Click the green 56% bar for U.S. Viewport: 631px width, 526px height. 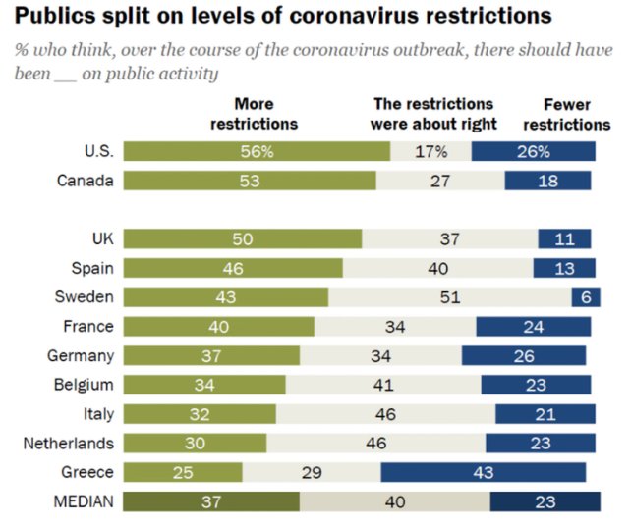(257, 151)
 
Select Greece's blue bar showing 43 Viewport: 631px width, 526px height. (484, 472)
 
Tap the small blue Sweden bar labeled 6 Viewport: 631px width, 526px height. (586, 297)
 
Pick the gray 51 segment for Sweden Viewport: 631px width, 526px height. (450, 297)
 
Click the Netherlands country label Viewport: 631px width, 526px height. (69, 444)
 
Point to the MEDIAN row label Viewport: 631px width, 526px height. (84, 501)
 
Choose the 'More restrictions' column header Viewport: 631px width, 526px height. (255, 114)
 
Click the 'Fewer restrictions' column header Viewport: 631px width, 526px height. (567, 115)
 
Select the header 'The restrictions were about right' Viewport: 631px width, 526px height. (433, 114)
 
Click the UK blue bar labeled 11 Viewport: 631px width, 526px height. (564, 238)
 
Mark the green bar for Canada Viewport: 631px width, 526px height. (250, 181)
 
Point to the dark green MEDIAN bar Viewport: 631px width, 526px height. (211, 501)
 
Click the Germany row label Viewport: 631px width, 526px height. (81, 356)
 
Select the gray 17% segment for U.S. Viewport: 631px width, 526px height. (431, 151)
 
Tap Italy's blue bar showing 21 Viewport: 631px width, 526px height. (545, 414)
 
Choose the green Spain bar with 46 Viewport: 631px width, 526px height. (233, 268)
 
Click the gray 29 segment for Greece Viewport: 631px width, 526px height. (312, 472)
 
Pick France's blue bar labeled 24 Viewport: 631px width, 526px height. (534, 326)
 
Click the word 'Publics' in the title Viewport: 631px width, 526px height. (55, 16)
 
